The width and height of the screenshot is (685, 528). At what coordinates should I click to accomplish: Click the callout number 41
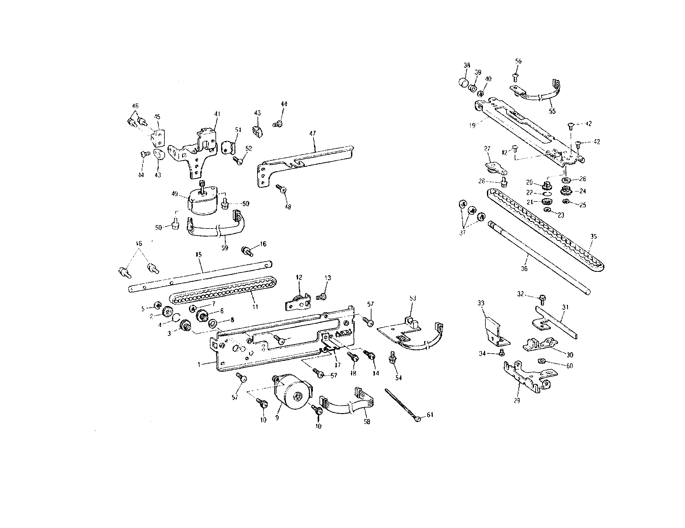[x=217, y=114]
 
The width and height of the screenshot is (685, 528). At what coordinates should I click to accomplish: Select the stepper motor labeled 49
[x=202, y=201]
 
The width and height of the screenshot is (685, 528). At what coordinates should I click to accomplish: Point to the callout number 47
[x=313, y=133]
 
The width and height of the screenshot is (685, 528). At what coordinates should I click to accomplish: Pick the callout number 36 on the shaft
[x=524, y=268]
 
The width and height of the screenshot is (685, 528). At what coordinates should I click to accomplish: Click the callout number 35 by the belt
[x=593, y=237]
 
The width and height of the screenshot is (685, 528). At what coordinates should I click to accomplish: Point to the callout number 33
[x=481, y=303]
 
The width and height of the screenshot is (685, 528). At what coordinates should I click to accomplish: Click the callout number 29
[x=517, y=400]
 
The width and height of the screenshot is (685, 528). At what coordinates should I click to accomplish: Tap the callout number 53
[x=413, y=298]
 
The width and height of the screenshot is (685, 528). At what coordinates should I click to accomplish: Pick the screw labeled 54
[x=391, y=356]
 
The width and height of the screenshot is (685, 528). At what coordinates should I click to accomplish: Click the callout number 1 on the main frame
[x=199, y=364]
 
